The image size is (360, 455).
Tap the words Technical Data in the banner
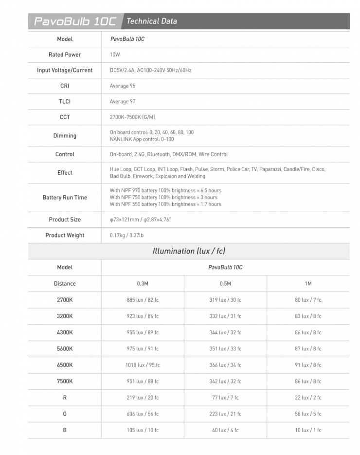tap(151, 21)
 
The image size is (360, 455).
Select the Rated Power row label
tap(65, 55)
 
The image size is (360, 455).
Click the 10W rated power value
tap(115, 55)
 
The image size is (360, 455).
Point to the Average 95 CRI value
tap(123, 86)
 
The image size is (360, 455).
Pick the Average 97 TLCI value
tap(123, 101)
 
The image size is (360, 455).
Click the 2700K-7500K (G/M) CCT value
tap(132, 117)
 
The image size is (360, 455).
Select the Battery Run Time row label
tap(65, 198)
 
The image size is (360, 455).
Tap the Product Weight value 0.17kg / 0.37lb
tap(126, 235)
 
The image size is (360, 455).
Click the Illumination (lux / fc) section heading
tap(189, 251)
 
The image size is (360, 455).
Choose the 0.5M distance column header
tap(225, 284)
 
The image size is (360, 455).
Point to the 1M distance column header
tap(308, 284)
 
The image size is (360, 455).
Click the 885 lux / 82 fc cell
tap(143, 300)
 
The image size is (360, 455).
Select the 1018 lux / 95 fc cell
tap(143, 365)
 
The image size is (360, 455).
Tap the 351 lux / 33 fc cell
tap(225, 348)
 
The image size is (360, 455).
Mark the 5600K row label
tap(65, 348)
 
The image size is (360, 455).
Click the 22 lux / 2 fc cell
tap(308, 398)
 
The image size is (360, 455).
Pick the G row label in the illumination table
tap(65, 414)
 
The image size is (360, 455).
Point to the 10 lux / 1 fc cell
tap(308, 430)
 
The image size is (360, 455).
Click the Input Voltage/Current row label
tap(65, 70)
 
